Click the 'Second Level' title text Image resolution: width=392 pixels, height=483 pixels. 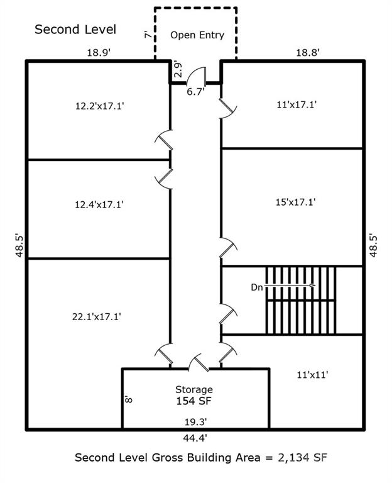75,30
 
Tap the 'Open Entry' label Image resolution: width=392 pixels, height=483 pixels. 197,35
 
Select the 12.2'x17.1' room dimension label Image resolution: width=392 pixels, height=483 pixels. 99,106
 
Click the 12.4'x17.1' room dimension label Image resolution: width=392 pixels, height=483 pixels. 99,204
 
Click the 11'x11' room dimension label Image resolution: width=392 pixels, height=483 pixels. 312,374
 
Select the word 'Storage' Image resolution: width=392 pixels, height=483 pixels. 195,389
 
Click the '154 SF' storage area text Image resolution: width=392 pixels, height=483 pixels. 195,401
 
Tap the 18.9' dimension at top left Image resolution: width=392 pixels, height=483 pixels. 99,53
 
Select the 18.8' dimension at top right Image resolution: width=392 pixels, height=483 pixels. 308,53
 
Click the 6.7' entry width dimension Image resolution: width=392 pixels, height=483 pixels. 195,92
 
